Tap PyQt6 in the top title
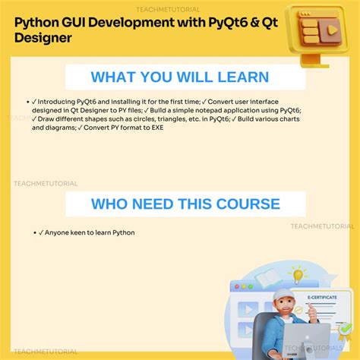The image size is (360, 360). pos(238,21)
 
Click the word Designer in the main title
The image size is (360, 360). pos(46,38)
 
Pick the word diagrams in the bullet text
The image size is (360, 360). pos(52,128)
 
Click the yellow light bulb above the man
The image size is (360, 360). pos(298,273)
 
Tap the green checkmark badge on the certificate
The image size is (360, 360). pos(346,329)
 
